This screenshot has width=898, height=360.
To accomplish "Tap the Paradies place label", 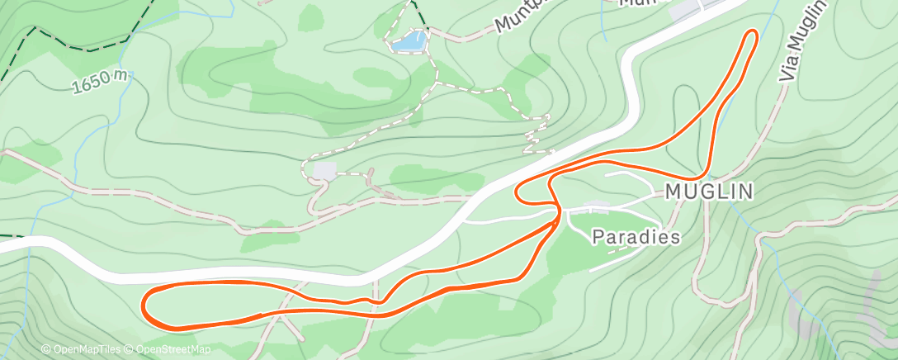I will tap(636, 238).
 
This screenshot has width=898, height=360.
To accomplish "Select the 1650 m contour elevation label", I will tap(102, 82).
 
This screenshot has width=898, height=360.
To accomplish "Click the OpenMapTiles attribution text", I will tap(82, 350).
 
